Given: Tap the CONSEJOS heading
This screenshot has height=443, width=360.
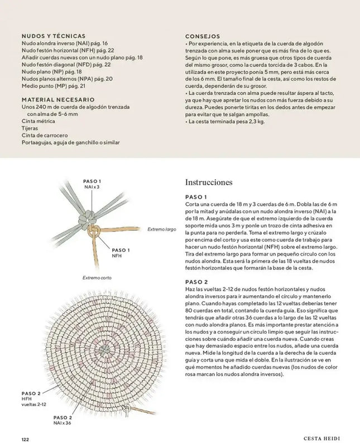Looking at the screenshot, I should tap(202, 36).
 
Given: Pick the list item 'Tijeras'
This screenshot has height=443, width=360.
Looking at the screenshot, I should tap(30, 128).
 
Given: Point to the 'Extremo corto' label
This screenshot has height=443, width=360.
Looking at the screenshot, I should tap(97, 277).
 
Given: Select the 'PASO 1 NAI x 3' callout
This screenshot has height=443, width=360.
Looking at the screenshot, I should tap(92, 184).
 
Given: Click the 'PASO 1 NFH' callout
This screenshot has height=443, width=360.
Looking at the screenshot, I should tap(121, 252).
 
